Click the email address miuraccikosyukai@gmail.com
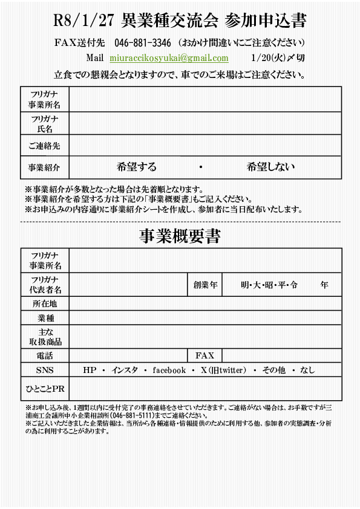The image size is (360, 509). click(x=169, y=58)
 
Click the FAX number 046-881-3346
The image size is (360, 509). click(x=142, y=43)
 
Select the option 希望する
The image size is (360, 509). click(x=136, y=167)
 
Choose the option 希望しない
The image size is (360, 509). click(x=270, y=167)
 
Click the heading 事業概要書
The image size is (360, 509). click(x=180, y=236)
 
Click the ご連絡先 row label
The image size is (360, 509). click(x=45, y=146)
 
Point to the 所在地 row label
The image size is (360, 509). click(x=45, y=303)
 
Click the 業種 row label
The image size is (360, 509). click(x=45, y=318)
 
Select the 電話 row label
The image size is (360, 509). click(x=45, y=355)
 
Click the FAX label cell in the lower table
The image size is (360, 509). click(x=205, y=355)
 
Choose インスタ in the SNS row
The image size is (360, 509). click(x=125, y=370)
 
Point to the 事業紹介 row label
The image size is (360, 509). click(x=45, y=167)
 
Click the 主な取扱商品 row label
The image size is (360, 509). click(x=45, y=337)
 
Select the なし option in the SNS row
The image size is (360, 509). click(x=307, y=370)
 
